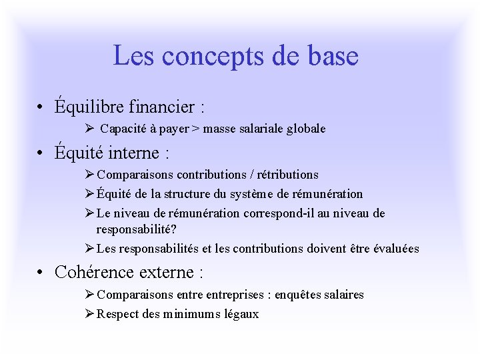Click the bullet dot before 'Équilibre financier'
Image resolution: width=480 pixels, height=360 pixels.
pos(41,107)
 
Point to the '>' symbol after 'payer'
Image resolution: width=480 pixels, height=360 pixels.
pos(195,129)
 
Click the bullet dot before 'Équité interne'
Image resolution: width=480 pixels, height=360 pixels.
pos(41,153)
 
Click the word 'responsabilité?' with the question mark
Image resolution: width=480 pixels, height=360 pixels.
pos(135,229)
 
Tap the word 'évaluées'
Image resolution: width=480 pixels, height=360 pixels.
pos(396,249)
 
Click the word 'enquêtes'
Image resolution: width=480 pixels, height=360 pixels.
pos(303,294)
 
